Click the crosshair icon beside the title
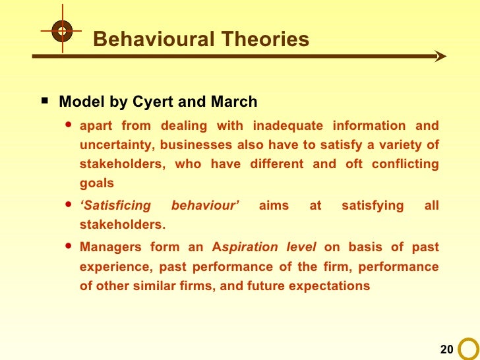click(x=61, y=30)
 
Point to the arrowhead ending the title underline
click(x=440, y=57)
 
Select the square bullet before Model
click(x=44, y=102)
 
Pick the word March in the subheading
click(x=235, y=102)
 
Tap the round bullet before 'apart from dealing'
click(x=68, y=125)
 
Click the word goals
click(x=96, y=183)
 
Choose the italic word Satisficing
click(x=115, y=206)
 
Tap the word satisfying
click(x=373, y=206)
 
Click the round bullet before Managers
click(x=68, y=247)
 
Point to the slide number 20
click(x=446, y=348)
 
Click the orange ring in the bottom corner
click(x=469, y=349)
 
